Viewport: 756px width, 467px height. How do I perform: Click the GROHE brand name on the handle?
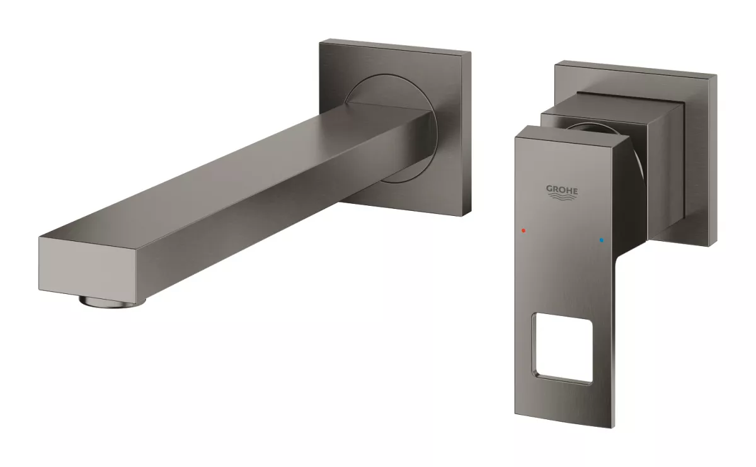561,189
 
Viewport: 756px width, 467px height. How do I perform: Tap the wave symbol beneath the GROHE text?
561,199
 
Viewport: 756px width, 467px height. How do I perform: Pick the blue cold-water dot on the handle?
602,240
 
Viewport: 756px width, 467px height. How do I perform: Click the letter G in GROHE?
549,189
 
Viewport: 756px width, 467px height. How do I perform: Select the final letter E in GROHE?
574,189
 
